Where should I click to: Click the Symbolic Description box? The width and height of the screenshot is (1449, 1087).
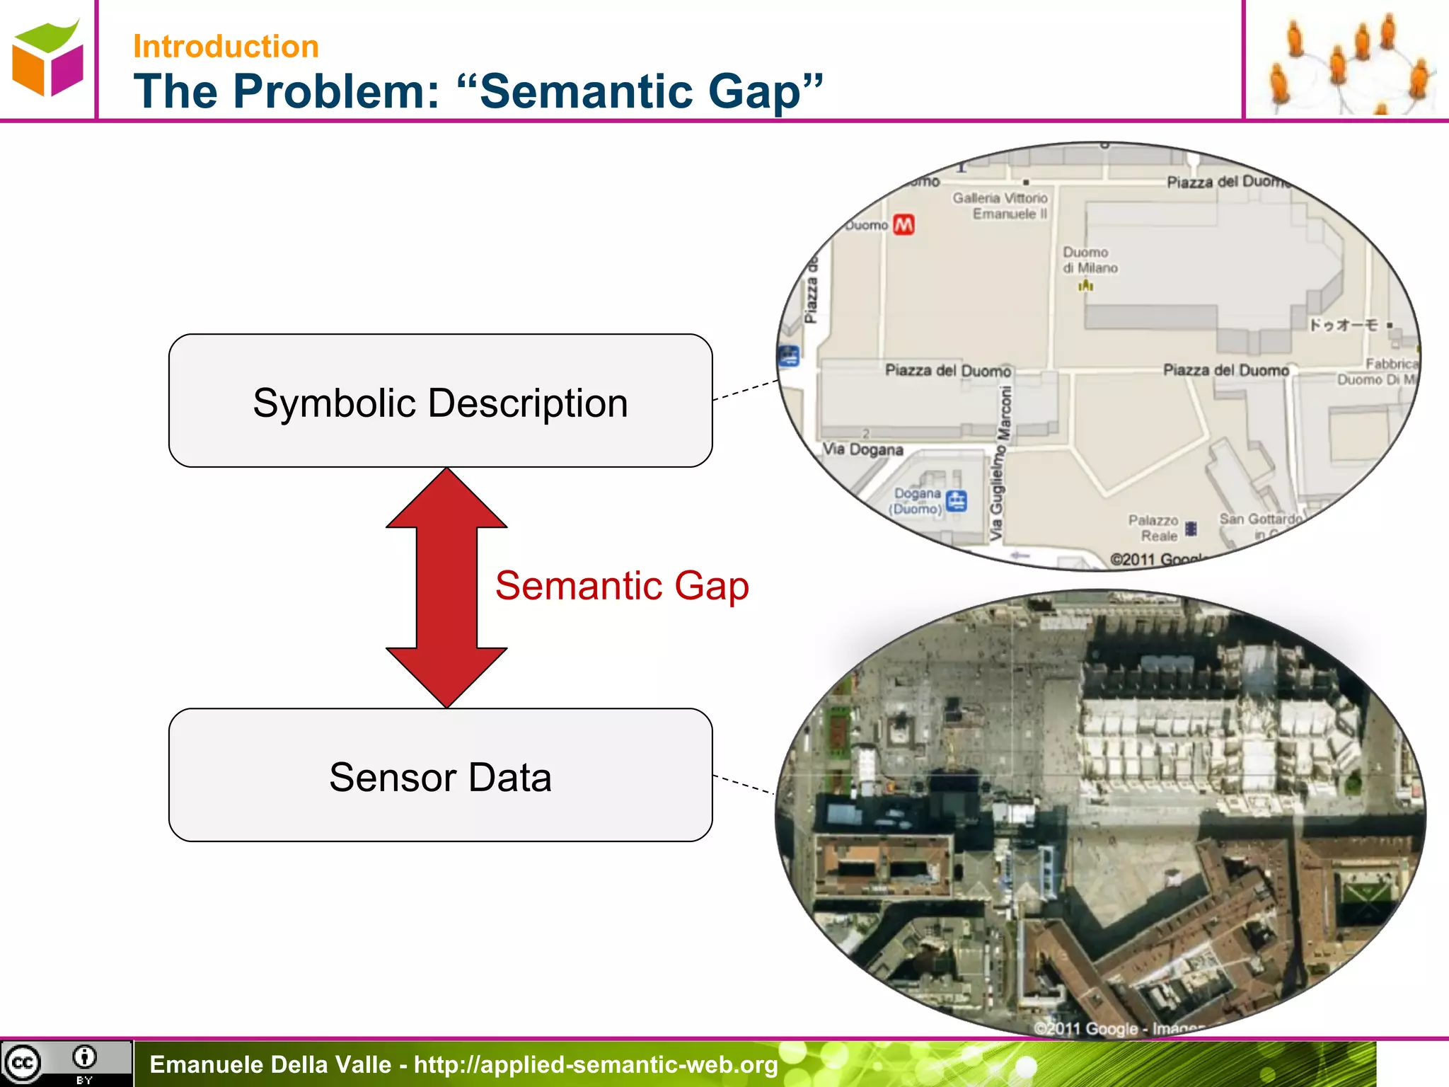tap(440, 401)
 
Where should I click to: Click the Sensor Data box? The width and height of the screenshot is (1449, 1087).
tap(440, 776)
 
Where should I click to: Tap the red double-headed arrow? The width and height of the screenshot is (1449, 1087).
tap(446, 587)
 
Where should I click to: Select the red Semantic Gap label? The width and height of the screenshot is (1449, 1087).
tap(622, 586)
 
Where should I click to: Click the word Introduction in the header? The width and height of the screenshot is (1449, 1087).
tap(226, 47)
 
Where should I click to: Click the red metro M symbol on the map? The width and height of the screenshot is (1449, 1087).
tap(904, 225)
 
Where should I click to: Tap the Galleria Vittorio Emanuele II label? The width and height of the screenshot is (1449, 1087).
tap(1000, 206)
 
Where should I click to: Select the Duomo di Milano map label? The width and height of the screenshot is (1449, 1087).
tap(1090, 260)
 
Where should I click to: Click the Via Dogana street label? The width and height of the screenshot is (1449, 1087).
tap(862, 450)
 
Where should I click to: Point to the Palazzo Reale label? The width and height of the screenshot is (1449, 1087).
tap(1154, 528)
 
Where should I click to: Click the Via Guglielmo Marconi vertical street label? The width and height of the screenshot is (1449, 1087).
tap(999, 464)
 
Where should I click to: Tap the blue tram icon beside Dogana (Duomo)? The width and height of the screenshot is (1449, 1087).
tap(957, 501)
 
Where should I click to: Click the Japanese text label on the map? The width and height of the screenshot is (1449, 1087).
tap(1343, 325)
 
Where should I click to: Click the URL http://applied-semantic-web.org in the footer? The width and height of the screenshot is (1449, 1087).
tap(596, 1065)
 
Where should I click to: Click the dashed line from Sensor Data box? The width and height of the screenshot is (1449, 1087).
tap(744, 784)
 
